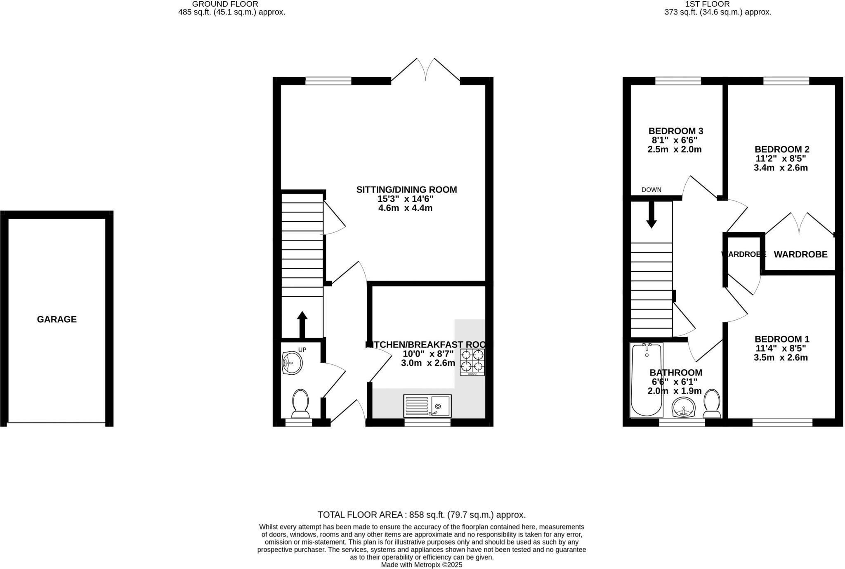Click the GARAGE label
click(57, 319)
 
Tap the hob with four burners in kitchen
click(472, 362)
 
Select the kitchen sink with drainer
click(427, 406)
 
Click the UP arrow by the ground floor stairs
click(302, 324)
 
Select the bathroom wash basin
click(684, 408)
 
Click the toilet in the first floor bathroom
click(712, 403)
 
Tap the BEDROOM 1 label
click(781, 339)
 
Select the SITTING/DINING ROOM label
click(406, 190)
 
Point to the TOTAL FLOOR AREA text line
click(421, 515)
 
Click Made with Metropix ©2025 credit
click(421, 565)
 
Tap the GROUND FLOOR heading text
click(225, 4)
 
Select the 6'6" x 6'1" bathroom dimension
click(674, 382)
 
